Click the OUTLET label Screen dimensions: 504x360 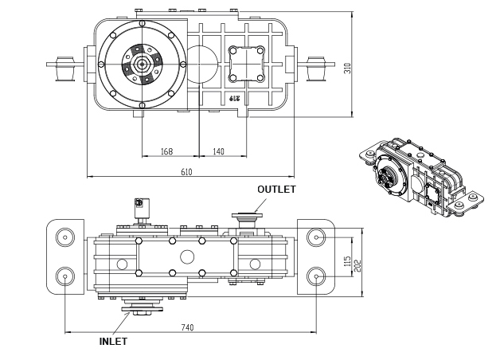coord(276,190)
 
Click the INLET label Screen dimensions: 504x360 coord(113,342)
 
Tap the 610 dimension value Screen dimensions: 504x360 coord(186,172)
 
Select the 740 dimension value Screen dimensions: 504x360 coord(188,327)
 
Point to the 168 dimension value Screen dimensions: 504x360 coord(166,151)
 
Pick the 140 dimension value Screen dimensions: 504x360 coord(219,151)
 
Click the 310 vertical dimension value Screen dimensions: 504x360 coord(347,68)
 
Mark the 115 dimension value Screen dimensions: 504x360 coord(347,261)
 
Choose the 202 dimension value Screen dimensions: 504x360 coord(357,265)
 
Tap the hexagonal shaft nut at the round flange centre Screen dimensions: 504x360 coord(142,65)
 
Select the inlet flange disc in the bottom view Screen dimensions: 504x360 coord(142,309)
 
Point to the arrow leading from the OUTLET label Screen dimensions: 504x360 coord(260,205)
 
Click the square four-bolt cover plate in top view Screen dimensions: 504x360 coord(247,64)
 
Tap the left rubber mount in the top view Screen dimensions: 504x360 coord(65,68)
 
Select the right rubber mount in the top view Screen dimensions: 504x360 coord(315,68)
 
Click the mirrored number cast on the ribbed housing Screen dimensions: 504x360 coord(234,98)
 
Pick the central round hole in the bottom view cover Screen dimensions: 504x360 coord(187,256)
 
